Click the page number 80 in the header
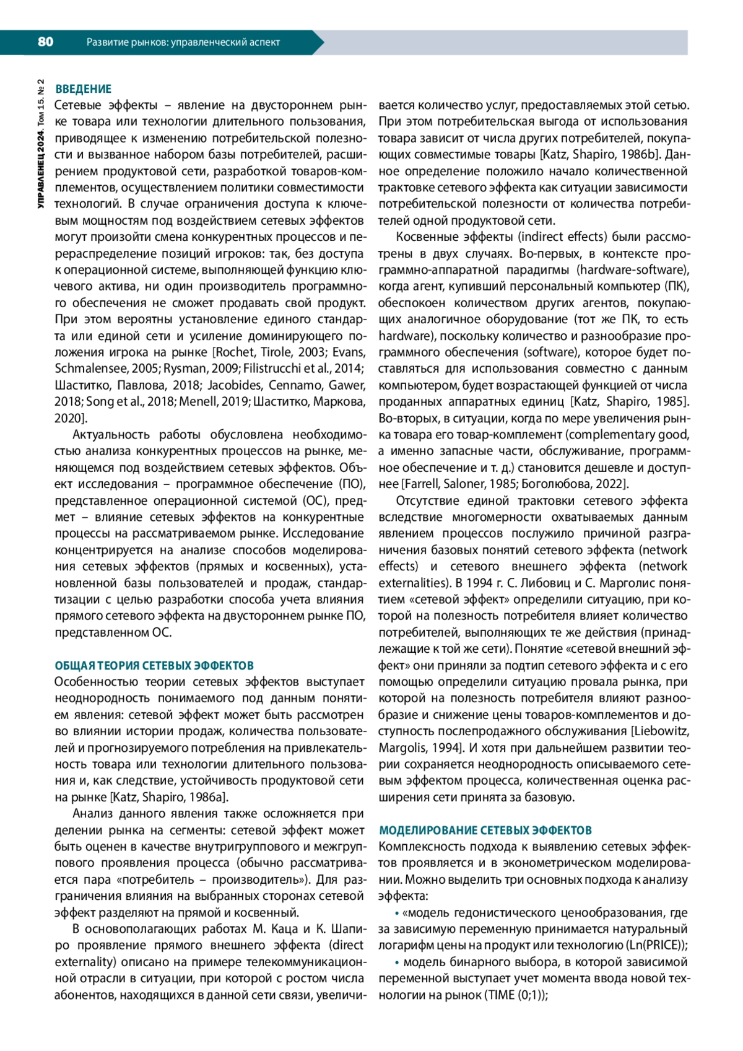(x=45, y=42)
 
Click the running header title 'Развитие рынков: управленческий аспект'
(x=183, y=42)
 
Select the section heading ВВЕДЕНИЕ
(x=83, y=89)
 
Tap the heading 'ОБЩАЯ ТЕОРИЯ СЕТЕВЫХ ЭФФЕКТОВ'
(x=154, y=666)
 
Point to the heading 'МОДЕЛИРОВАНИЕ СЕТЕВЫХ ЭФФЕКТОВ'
(x=485, y=831)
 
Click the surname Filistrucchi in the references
(x=271, y=369)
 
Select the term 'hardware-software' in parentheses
(x=633, y=270)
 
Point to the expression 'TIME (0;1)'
(x=514, y=995)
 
